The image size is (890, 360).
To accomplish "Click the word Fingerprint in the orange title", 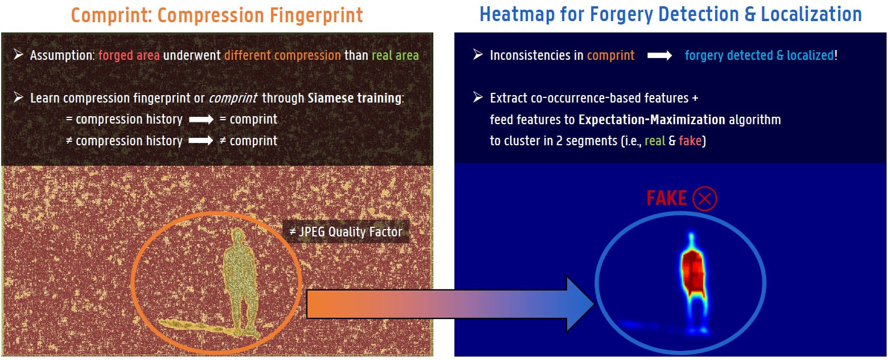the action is pyautogui.click(x=316, y=16).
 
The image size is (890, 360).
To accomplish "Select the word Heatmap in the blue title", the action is pyautogui.click(x=517, y=14).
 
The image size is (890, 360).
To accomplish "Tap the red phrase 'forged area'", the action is pyautogui.click(x=129, y=55).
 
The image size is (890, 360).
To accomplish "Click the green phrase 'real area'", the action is pyautogui.click(x=395, y=55).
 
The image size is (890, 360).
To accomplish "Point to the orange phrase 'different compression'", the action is pyautogui.click(x=282, y=55).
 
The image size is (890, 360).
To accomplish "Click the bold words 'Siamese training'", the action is pyautogui.click(x=354, y=98).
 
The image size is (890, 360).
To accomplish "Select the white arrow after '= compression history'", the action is pyautogui.click(x=201, y=119).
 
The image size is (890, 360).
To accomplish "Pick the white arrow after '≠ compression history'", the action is pyautogui.click(x=201, y=141).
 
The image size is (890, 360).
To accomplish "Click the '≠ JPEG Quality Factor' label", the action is pyautogui.click(x=346, y=231).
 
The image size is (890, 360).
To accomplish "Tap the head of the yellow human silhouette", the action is pyautogui.click(x=238, y=235).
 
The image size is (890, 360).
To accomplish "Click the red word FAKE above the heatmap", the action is pyautogui.click(x=666, y=198).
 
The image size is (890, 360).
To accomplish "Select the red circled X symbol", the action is pyautogui.click(x=704, y=198).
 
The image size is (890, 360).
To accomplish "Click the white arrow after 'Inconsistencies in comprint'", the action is pyautogui.click(x=659, y=56).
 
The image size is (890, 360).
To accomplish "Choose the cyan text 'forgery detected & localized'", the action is pyautogui.click(x=759, y=55).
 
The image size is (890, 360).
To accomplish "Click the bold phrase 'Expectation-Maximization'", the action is pyautogui.click(x=651, y=120).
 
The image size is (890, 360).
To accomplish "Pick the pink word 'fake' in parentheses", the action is pyautogui.click(x=690, y=141).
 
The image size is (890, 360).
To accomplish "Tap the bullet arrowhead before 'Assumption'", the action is pyautogui.click(x=18, y=55).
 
